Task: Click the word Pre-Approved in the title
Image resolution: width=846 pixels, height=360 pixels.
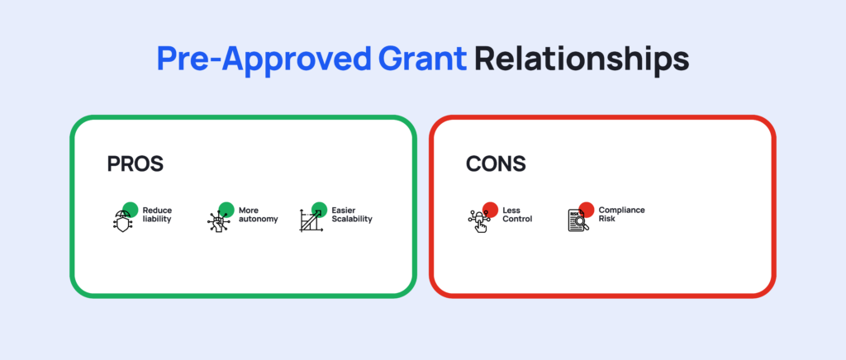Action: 264,59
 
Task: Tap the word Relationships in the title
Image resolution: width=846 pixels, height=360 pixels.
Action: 582,59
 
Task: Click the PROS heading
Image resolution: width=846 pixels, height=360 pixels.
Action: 135,164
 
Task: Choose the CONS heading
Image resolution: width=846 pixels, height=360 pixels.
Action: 496,164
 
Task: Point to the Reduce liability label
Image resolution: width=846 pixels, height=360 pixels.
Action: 157,215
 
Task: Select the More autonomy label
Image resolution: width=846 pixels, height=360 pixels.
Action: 259,215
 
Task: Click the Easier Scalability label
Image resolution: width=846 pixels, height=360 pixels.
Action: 352,215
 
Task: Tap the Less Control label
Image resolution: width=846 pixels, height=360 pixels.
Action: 517,215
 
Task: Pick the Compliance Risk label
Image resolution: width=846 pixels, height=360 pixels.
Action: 621,215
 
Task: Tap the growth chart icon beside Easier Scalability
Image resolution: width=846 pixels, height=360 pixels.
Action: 311,220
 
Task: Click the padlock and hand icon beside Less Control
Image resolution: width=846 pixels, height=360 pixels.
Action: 478,220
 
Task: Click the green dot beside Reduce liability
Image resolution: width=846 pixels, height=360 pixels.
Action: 131,210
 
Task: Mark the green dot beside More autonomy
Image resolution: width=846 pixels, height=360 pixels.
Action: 226,210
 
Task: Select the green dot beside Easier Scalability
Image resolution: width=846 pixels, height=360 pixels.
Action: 320,210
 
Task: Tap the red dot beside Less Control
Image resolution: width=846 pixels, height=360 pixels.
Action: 491,210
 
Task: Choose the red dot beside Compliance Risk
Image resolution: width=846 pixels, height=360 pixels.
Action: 587,210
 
